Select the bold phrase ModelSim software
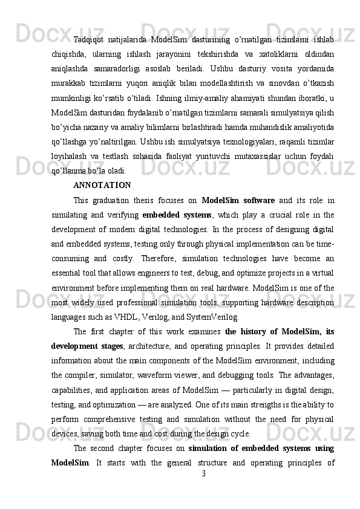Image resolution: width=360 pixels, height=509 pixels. click(238, 201)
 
